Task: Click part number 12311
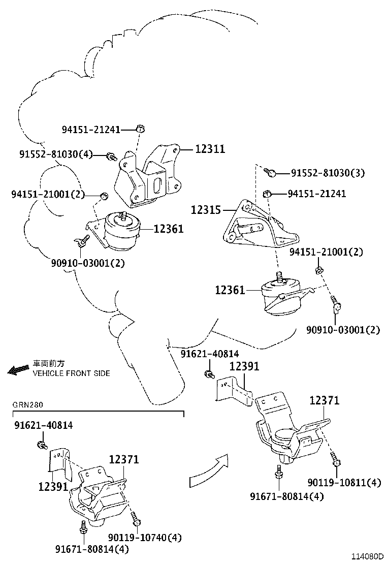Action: point(210,149)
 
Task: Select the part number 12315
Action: point(205,209)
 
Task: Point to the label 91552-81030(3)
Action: point(328,173)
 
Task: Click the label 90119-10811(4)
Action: point(344,482)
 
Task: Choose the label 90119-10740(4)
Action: point(145,537)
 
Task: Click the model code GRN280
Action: point(28,405)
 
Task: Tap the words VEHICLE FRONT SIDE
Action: point(71,373)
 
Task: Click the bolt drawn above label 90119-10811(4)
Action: point(336,459)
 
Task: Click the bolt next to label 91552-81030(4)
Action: point(112,156)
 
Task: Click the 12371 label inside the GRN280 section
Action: point(124,460)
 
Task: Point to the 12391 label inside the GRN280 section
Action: point(53,486)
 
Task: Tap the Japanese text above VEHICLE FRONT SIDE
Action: point(49,364)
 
